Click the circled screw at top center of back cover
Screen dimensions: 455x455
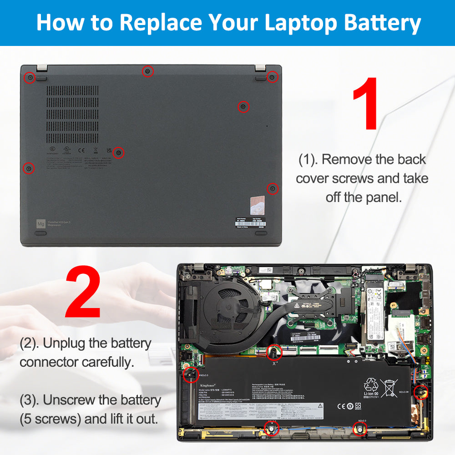pos(147,71)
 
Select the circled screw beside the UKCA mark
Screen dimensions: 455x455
pos(118,153)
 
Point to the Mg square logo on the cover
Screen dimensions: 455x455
pos(41,223)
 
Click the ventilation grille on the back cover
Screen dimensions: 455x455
pos(72,114)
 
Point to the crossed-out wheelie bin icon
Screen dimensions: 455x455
pos(389,388)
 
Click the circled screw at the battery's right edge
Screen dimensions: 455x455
pos(420,391)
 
